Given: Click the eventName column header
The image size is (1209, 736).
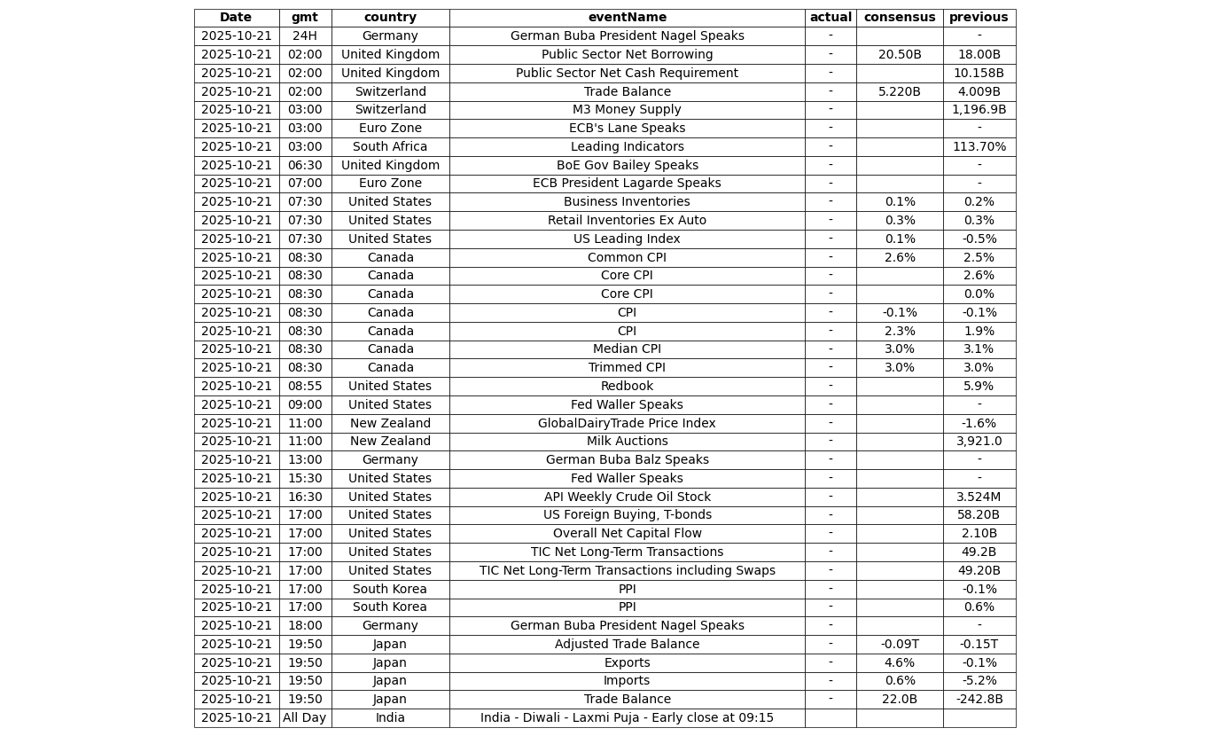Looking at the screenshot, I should pos(627,18).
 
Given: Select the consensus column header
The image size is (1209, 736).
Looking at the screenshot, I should pos(899,18).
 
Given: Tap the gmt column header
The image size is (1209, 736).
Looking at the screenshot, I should pos(304,18).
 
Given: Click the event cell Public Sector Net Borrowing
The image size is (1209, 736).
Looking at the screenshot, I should pos(627,55).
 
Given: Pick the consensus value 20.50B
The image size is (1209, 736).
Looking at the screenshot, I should pos(899,55).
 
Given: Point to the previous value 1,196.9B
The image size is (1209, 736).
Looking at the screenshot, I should pos(979,110).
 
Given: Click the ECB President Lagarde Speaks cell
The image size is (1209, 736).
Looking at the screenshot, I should pos(627,184).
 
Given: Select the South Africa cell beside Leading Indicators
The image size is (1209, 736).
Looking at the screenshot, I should pos(390,147).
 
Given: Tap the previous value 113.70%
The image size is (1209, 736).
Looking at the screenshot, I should pos(979,147).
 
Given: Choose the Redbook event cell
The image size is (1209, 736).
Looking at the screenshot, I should pos(627,387).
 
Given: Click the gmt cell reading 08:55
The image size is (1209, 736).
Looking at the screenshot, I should pos(304,387).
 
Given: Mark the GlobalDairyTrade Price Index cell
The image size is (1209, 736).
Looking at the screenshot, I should pos(627,424).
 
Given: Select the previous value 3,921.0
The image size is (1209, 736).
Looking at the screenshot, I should pos(979,442).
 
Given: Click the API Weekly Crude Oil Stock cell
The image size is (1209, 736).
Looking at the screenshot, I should pos(627,497).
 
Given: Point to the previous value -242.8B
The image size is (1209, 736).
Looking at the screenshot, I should pos(979,700).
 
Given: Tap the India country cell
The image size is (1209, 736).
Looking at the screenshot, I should pos(390,718).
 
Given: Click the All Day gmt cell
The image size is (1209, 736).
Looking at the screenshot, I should pos(304,718).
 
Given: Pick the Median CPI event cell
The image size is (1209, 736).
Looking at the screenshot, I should pos(627,349).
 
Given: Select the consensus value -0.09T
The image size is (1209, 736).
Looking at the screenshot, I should pos(899,645).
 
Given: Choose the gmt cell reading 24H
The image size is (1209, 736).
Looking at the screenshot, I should pos(304,36).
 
